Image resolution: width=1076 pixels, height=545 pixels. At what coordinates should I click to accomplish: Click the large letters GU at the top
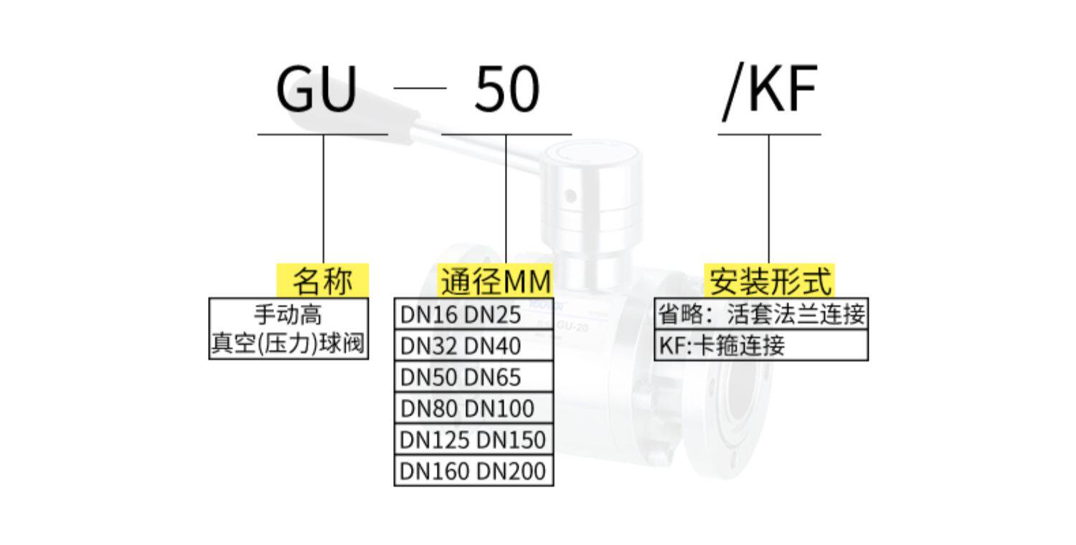tap(316, 90)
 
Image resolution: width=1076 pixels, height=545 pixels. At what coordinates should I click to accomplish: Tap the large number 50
tap(506, 90)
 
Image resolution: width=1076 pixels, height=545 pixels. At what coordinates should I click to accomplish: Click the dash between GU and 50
tap(420, 88)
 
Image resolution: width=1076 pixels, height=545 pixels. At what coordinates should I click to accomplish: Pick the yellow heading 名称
tap(323, 280)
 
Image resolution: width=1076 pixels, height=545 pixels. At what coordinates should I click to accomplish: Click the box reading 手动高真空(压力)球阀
tap(288, 329)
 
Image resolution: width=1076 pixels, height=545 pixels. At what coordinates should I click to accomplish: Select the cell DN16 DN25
tap(473, 314)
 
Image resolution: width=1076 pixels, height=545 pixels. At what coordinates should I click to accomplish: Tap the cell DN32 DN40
tap(473, 346)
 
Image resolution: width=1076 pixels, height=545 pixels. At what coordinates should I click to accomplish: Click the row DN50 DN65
tap(473, 377)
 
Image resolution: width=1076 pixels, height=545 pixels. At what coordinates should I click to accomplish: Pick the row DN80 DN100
tap(473, 409)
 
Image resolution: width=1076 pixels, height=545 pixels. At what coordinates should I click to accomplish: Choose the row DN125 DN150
tap(473, 440)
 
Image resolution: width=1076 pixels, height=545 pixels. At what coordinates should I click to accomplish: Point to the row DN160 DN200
tap(473, 471)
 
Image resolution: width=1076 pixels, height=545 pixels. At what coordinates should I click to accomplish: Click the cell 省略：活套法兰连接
tap(761, 314)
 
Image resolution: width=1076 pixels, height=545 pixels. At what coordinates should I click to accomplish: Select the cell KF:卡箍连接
tap(761, 346)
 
